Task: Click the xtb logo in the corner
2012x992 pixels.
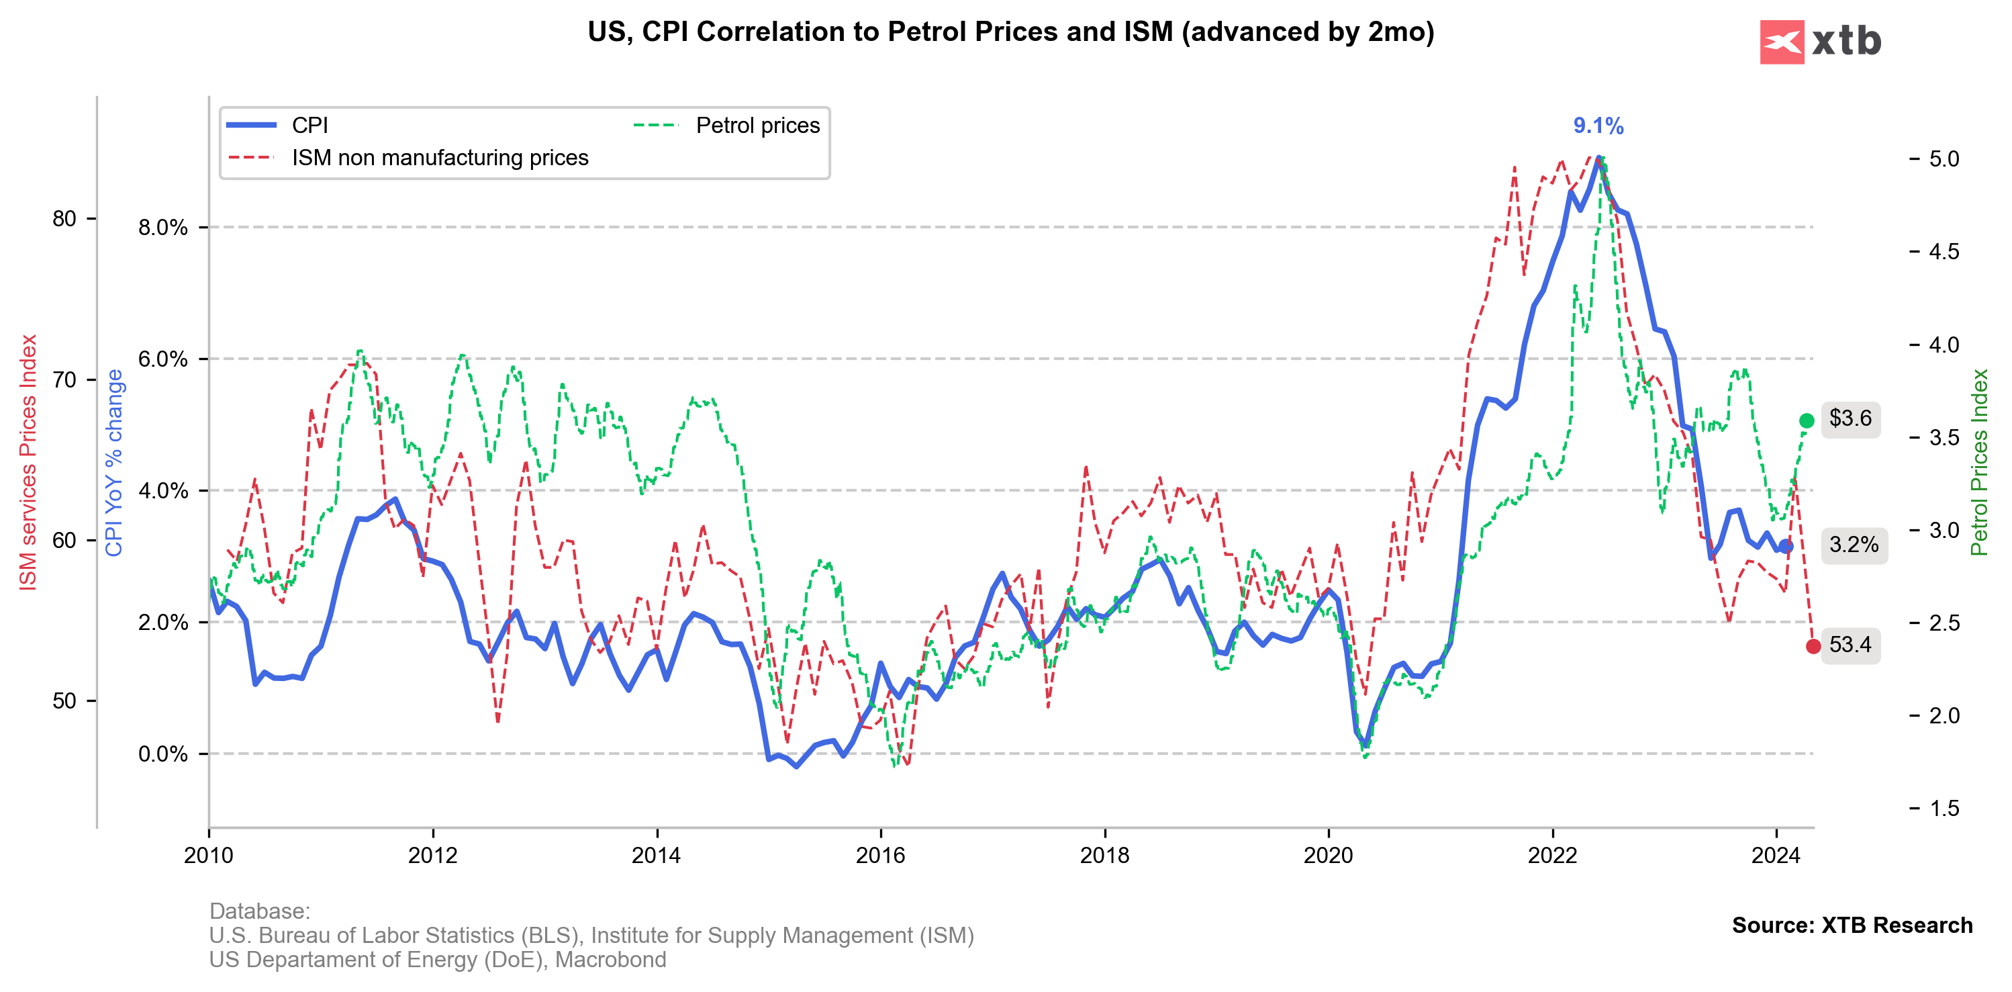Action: pos(1820,42)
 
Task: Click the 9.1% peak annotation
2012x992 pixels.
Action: pos(1597,126)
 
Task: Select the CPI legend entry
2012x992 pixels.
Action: pos(309,125)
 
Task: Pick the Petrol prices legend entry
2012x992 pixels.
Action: pos(757,125)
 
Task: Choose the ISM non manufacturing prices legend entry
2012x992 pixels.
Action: pos(440,158)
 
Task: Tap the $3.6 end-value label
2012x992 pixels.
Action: pos(1850,418)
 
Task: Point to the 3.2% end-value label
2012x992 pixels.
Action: pos(1854,545)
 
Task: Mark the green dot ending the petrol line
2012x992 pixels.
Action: pos(1806,421)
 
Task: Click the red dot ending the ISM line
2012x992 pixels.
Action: pos(1813,646)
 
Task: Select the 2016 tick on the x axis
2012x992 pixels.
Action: pos(880,855)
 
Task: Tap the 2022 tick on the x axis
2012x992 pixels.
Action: pos(1552,855)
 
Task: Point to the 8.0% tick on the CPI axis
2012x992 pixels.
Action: pos(162,227)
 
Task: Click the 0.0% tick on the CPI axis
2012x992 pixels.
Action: pos(162,754)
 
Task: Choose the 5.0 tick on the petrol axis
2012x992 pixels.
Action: pos(1944,159)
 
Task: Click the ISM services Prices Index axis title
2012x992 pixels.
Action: pos(28,461)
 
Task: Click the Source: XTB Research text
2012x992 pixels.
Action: pos(1851,925)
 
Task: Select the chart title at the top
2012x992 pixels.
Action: pos(1010,32)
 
